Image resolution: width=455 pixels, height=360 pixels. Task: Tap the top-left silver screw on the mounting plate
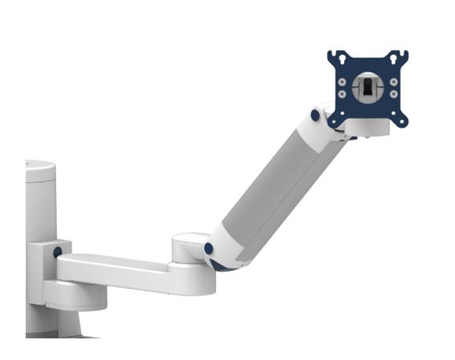[344, 81]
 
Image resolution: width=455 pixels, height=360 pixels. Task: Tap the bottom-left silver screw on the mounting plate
[344, 94]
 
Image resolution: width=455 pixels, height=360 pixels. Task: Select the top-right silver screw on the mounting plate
[392, 81]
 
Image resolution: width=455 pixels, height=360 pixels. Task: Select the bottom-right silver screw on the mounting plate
[392, 94]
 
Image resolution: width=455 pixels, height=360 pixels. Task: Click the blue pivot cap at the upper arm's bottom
[209, 249]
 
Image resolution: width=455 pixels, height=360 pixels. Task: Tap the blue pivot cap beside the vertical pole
[58, 253]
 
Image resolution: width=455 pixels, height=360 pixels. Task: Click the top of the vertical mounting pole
[40, 169]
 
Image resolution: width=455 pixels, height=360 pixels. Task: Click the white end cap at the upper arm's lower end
[225, 255]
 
